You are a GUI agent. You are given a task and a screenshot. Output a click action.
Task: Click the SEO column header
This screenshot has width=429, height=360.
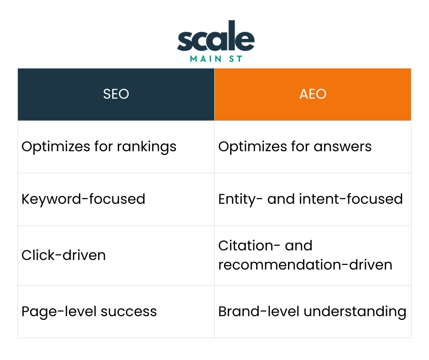tap(116, 94)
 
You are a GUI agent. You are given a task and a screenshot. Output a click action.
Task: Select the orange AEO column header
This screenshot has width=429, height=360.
tap(313, 94)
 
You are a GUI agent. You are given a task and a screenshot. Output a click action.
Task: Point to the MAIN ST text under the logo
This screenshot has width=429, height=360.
tap(215, 58)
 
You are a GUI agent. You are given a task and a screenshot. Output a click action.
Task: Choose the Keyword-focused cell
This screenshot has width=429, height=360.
tap(84, 199)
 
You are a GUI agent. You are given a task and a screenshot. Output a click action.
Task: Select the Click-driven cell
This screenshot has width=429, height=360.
tap(63, 255)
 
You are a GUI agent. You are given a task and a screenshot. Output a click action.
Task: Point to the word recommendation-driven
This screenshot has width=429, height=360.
tap(305, 265)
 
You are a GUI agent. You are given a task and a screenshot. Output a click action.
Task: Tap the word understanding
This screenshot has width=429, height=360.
tap(355, 312)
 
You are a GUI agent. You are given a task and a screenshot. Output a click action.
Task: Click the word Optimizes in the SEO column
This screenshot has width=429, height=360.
tap(49, 147)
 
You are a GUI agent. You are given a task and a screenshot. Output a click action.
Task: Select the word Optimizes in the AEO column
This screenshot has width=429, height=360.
tap(246, 147)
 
